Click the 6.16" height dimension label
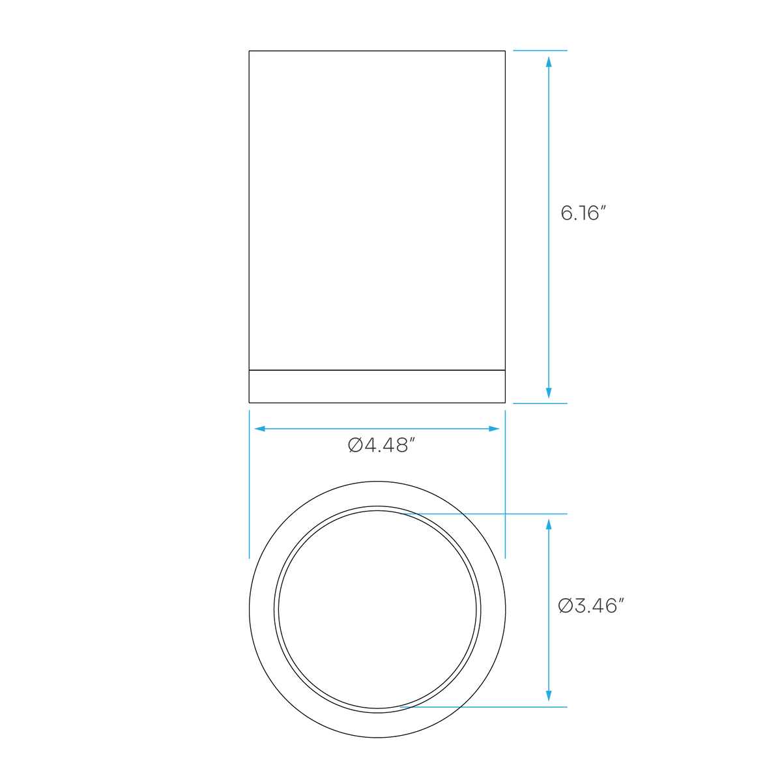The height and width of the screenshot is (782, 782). [583, 213]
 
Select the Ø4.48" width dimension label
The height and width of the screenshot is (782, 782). [381, 445]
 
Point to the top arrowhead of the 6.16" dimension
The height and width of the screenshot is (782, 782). [549, 62]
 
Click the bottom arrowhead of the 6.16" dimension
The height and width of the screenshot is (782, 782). [549, 393]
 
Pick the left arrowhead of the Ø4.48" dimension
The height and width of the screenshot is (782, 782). [260, 429]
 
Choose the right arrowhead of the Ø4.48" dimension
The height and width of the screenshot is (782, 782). [494, 429]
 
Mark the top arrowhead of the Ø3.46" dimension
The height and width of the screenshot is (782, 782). [549, 525]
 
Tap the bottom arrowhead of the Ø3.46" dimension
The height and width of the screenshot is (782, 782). [549, 696]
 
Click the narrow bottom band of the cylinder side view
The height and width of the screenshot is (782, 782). [377, 386]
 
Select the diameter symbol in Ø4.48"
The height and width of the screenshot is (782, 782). [355, 445]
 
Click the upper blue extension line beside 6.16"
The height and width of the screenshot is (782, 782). [540, 51]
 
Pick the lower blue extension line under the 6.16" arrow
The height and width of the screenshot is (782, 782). [540, 403]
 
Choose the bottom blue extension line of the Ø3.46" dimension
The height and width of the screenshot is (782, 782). [484, 707]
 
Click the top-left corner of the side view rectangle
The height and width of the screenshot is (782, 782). [249, 51]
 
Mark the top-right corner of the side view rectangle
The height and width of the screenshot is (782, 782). [505, 51]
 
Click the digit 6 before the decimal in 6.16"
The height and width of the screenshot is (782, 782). [566, 214]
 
